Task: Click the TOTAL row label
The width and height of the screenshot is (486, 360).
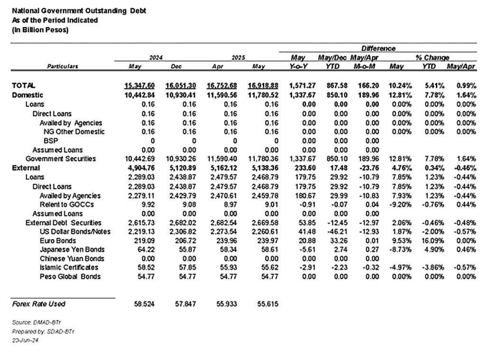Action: click(24, 86)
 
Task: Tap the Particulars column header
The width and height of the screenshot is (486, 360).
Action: click(63, 67)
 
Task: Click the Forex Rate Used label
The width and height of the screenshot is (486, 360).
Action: click(39, 304)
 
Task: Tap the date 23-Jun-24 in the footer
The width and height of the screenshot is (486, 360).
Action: click(25, 341)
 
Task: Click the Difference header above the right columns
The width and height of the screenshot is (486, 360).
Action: click(378, 48)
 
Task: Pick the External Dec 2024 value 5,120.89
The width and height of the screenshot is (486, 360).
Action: click(180, 168)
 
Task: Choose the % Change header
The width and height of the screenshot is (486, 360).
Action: click(432, 57)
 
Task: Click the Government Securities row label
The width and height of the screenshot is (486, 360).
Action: click(61, 158)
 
